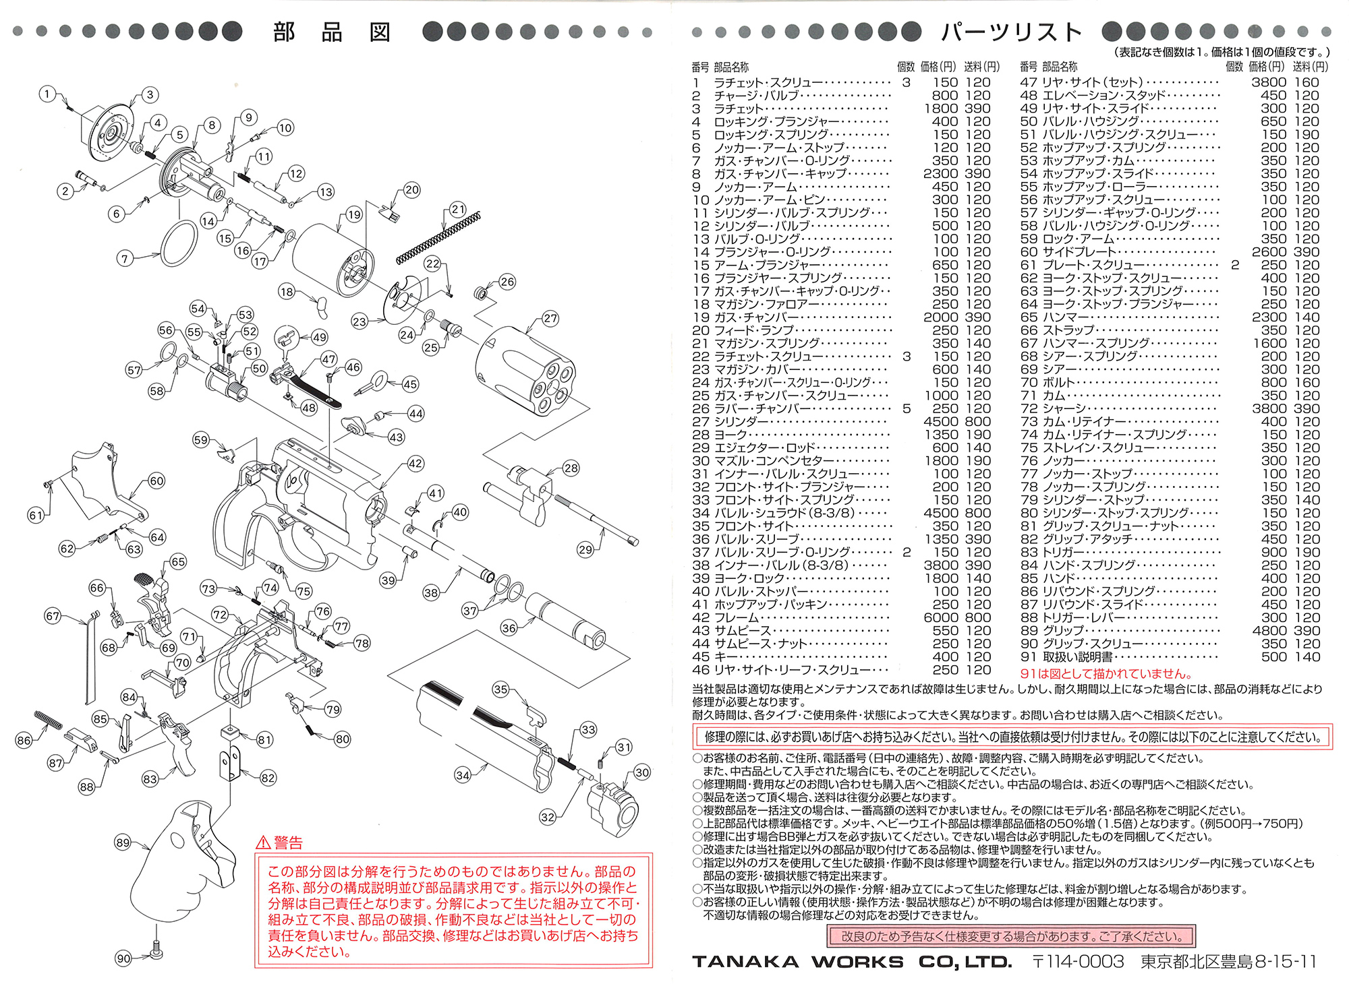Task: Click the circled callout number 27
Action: pyautogui.click(x=550, y=318)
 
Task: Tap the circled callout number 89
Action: pyautogui.click(x=123, y=842)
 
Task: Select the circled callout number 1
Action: pyautogui.click(x=47, y=94)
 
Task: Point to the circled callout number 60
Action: pyautogui.click(x=156, y=481)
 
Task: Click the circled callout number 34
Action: pyautogui.click(x=463, y=775)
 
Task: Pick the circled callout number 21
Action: pyautogui.click(x=458, y=209)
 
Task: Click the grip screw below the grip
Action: pyautogui.click(x=156, y=951)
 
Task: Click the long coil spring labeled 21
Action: pyautogui.click(x=438, y=237)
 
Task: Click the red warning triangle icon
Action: pyautogui.click(x=263, y=842)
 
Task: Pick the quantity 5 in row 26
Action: pyautogui.click(x=907, y=408)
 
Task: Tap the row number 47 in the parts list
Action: pyautogui.click(x=1029, y=82)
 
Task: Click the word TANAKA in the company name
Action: pyautogui.click(x=745, y=962)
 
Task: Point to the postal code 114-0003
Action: pyautogui.click(x=1085, y=962)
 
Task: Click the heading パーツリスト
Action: pyautogui.click(x=1012, y=32)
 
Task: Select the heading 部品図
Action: pyautogui.click(x=332, y=32)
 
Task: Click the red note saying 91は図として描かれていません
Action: pyautogui.click(x=1106, y=673)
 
